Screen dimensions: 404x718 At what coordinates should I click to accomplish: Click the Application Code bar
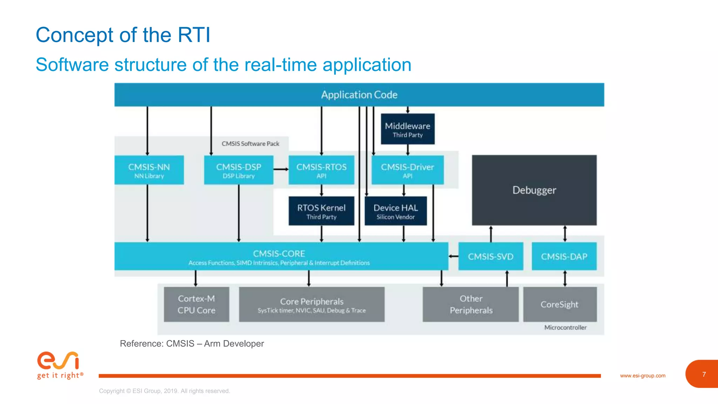359,95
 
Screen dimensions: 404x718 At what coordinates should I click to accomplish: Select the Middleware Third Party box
407,129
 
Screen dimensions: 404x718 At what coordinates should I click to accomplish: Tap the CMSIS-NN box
149,170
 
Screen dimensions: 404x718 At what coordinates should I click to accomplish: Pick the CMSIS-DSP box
238,170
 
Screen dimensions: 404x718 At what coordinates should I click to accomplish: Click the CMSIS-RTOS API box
321,170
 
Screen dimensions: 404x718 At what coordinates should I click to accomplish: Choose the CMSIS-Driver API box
407,170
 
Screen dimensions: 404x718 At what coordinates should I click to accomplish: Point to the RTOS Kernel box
321,211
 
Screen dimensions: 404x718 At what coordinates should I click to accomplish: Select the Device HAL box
395,211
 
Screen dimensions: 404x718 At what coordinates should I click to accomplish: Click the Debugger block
534,190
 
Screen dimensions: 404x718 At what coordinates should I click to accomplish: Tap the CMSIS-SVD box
490,256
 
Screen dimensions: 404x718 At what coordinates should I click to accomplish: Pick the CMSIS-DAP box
564,256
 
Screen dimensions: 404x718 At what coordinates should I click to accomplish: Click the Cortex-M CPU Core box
196,304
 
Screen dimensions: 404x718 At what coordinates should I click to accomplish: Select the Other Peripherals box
470,304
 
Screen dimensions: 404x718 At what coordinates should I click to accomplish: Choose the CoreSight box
560,304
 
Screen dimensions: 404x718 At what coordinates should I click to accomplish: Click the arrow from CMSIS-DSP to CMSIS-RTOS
281,169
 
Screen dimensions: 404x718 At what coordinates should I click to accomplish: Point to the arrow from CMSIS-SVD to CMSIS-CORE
453,256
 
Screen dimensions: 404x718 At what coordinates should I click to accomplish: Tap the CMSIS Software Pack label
250,144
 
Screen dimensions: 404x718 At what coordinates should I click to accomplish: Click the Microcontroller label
565,328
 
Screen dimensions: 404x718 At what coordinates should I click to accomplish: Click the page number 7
704,375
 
